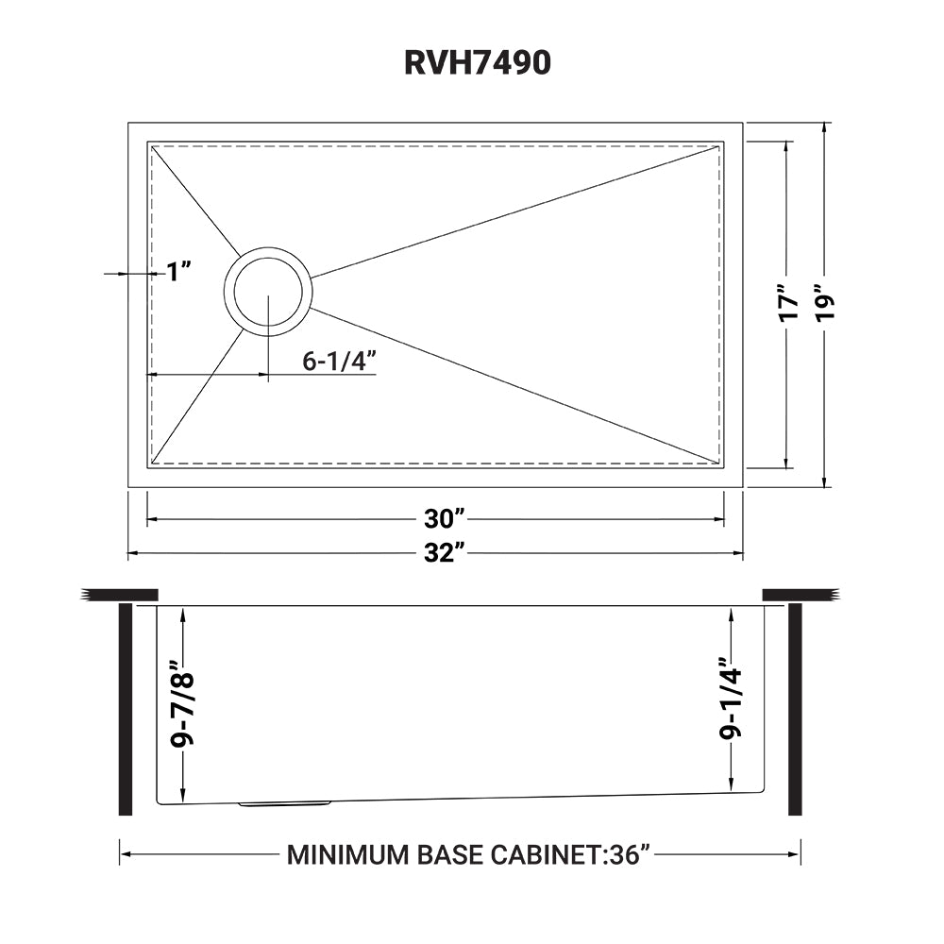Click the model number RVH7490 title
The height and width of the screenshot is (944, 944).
pyautogui.click(x=472, y=62)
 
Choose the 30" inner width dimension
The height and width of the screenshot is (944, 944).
pyautogui.click(x=446, y=519)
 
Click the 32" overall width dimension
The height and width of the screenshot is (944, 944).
pyautogui.click(x=446, y=554)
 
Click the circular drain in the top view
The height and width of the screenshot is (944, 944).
pyautogui.click(x=268, y=290)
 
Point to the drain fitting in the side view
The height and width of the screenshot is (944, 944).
pyautogui.click(x=283, y=804)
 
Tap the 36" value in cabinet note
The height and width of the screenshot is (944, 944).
pyautogui.click(x=631, y=855)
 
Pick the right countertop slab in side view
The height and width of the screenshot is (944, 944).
pyautogui.click(x=799, y=594)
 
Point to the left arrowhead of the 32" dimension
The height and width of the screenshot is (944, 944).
pyautogui.click(x=133, y=554)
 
